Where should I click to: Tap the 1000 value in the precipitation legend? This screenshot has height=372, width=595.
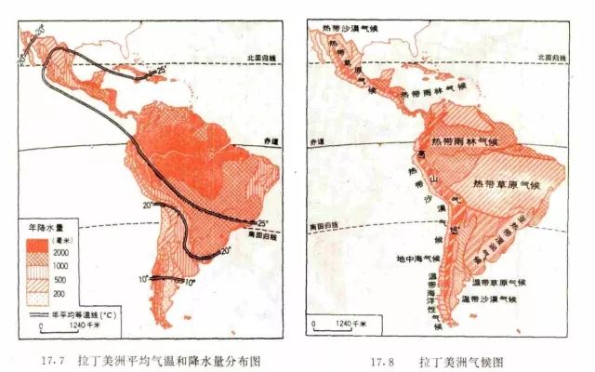pyautogui.click(x=69, y=265)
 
